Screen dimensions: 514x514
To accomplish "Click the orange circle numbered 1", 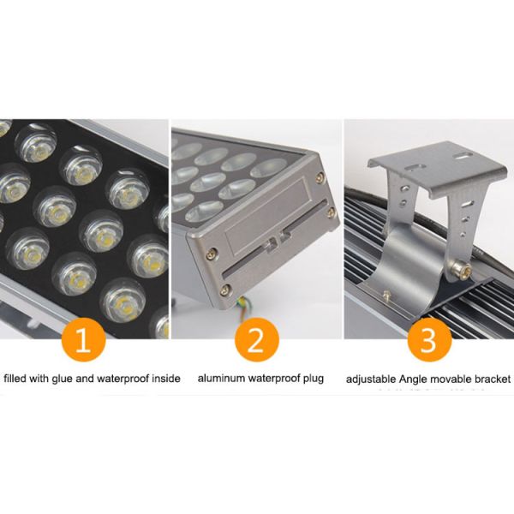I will (x=84, y=340).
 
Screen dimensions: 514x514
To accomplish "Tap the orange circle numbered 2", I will (x=256, y=340).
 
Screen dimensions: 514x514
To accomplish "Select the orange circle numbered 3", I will (x=428, y=340).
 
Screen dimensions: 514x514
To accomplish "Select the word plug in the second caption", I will (x=313, y=378).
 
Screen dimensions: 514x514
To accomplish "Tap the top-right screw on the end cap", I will (x=319, y=177).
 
